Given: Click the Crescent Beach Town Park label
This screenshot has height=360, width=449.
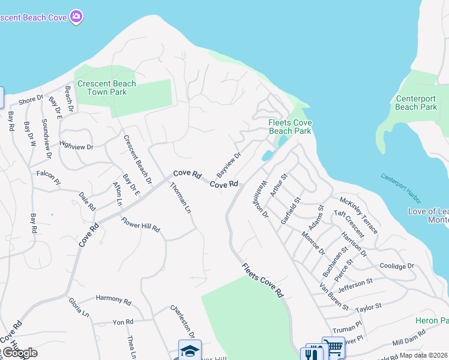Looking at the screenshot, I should [x=107, y=88].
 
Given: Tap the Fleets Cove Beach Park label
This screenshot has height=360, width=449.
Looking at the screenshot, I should [x=289, y=127].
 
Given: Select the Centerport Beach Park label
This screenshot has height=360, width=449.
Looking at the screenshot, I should [x=417, y=103].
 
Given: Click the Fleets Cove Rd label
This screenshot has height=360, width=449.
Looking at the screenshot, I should [x=262, y=280].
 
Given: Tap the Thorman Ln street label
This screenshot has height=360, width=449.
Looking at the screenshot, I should [x=180, y=198].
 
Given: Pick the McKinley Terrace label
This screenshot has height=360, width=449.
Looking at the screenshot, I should [x=358, y=215].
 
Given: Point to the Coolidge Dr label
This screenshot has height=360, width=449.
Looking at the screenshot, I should [x=397, y=266].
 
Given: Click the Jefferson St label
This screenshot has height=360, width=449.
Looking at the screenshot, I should [x=355, y=284].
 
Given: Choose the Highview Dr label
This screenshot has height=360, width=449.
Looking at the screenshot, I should [x=77, y=145].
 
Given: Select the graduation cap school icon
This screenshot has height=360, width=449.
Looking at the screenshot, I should [x=190, y=350].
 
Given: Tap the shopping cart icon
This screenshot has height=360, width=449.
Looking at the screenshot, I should [x=334, y=347].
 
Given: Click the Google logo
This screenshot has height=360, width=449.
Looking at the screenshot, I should [x=19, y=353].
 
